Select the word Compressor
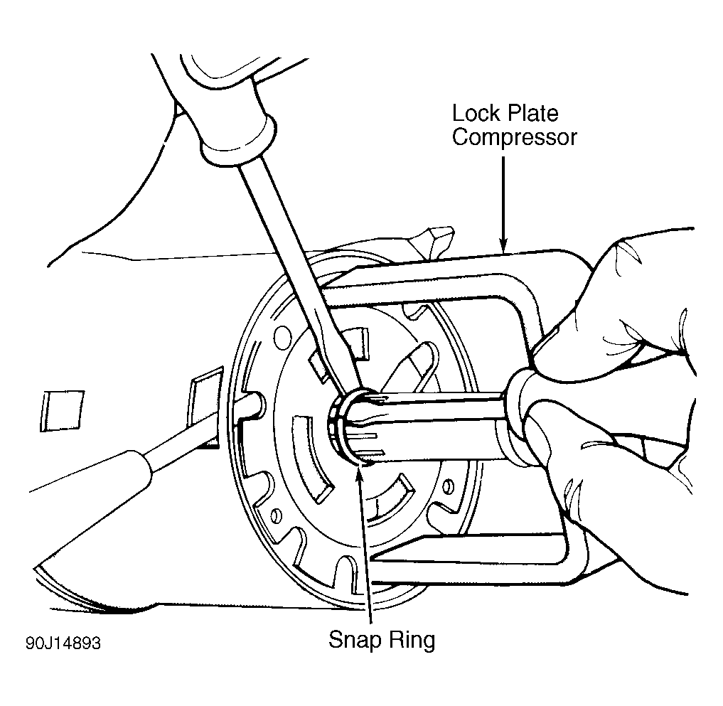click(514, 137)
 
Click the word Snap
click(355, 640)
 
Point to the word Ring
click(412, 640)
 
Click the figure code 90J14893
click(63, 643)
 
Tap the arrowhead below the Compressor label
click(503, 245)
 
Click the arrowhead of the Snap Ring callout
click(360, 471)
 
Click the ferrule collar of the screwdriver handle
click(238, 141)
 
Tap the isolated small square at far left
click(63, 410)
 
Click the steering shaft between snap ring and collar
click(424, 427)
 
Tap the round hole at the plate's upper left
click(283, 338)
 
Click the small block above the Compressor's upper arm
click(436, 242)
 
